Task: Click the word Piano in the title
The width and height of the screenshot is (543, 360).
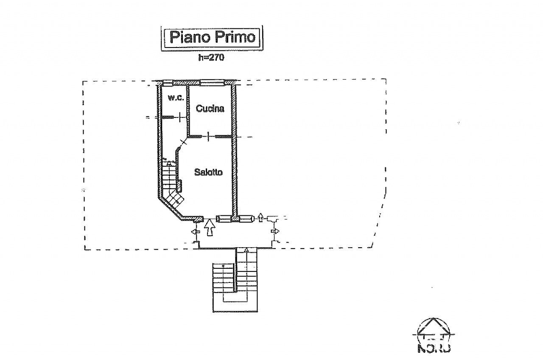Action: [x=188, y=37]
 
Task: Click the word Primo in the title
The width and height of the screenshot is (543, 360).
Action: [x=234, y=37]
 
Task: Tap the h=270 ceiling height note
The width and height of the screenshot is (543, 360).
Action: [x=211, y=58]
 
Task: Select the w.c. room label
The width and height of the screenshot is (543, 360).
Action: [x=175, y=98]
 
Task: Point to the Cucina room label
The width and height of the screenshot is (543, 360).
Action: [x=210, y=109]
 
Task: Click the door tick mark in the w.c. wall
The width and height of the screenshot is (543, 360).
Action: [x=181, y=117]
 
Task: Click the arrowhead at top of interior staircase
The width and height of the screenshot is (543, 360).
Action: [x=169, y=162]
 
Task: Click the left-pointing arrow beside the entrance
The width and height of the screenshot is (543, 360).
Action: [x=196, y=232]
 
